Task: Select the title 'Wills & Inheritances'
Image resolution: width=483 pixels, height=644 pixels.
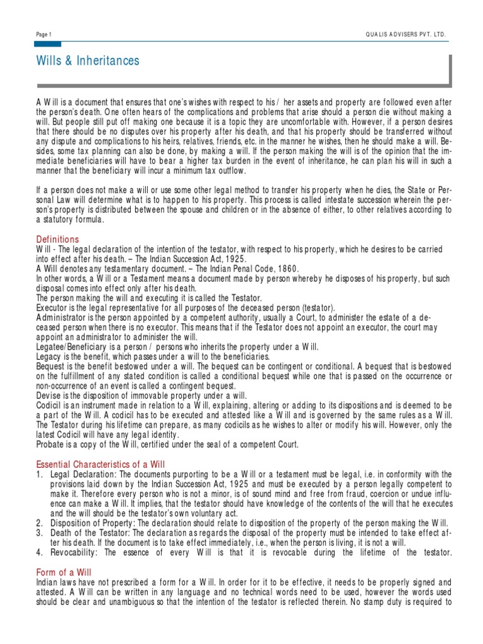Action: tap(88, 61)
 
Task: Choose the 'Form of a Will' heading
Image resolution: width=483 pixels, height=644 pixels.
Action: tap(63, 573)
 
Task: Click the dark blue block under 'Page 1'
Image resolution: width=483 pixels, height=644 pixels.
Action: tap(48, 44)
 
